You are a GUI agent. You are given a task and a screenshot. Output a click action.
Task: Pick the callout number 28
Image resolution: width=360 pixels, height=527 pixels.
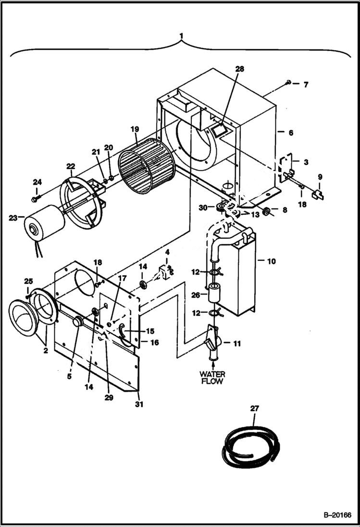point(239,69)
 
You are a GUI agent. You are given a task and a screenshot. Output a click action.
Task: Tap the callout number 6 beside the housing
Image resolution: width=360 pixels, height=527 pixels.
point(290,132)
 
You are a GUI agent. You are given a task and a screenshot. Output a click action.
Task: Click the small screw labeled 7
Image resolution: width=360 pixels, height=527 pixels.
point(287,83)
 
